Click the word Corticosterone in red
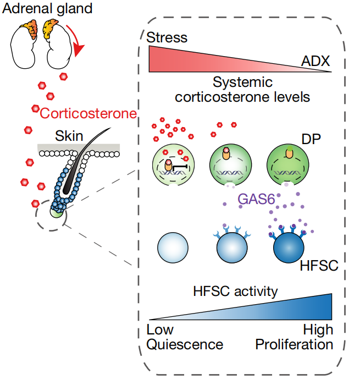coord(88,114)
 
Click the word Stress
coord(167,37)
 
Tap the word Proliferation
coord(294,344)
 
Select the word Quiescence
coord(185,344)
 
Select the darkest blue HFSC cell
coord(289,250)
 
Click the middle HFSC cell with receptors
coord(230,250)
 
